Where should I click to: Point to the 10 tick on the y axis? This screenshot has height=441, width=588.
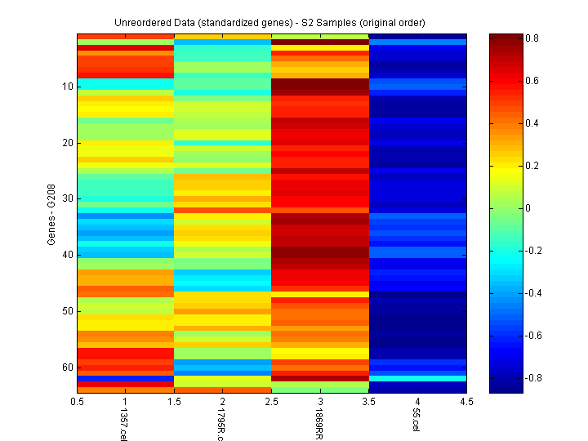coord(67,86)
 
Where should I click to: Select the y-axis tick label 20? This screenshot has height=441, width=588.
coord(67,142)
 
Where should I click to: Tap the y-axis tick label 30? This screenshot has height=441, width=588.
coord(67,198)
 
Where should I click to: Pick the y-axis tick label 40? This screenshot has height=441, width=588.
coord(67,255)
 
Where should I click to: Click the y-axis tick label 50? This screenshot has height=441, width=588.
coord(67,311)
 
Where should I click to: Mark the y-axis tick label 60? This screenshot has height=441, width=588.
coord(67,367)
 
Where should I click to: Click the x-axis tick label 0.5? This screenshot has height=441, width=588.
coord(78,402)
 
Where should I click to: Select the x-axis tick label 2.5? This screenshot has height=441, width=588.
coord(271,402)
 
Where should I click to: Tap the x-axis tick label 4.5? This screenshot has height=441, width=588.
coord(465,402)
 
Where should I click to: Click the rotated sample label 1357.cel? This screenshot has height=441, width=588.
coord(124,425)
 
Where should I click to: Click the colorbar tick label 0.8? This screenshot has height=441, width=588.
coord(532,39)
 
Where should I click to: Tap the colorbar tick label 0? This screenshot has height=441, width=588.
coord(528,208)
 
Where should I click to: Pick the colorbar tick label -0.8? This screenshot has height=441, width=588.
coord(533,377)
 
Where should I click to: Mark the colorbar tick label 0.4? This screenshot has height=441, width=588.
coord(532,123)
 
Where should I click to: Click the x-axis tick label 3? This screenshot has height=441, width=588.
coord(320,402)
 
